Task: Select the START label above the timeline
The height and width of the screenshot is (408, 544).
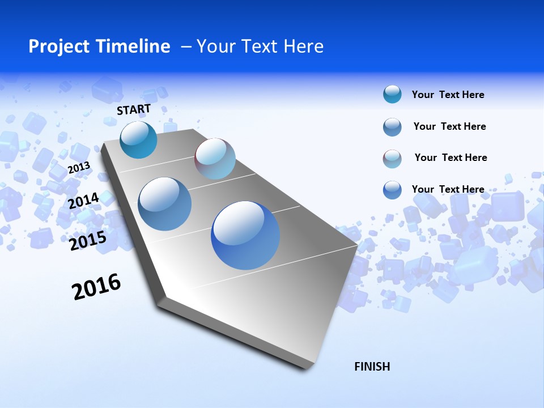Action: [134, 109]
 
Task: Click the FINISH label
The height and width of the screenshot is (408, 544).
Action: [372, 367]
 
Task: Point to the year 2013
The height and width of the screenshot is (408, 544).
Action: [79, 167]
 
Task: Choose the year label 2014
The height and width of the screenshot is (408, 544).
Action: [84, 201]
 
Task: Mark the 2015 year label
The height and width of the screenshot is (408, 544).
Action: [88, 241]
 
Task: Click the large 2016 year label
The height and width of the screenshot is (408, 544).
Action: [97, 287]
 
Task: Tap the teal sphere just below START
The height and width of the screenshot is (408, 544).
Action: [138, 139]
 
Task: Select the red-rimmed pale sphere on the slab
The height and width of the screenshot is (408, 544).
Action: [215, 159]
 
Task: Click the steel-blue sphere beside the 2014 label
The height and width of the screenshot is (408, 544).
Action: [165, 204]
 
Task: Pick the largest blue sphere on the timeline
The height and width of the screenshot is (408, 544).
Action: [245, 235]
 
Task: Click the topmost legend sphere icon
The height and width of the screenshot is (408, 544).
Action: [392, 95]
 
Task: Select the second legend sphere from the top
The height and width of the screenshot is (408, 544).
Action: [392, 127]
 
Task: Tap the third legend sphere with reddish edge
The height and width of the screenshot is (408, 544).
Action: [392, 159]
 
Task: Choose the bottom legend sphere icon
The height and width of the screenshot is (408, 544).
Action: [392, 190]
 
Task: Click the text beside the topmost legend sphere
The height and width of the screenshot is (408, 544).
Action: [448, 95]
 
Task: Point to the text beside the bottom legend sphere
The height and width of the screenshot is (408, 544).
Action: [448, 189]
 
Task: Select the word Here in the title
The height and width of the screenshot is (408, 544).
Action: [303, 46]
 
